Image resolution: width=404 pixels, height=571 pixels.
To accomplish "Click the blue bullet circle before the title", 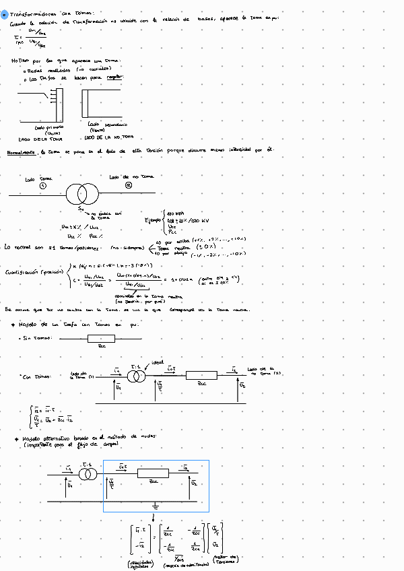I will (4, 13).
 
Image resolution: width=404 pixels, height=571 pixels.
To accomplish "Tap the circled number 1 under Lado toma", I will (44, 186).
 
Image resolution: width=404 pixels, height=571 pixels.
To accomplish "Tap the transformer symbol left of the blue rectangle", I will (88, 474).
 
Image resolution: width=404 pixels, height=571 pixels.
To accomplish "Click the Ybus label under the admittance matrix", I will (179, 556).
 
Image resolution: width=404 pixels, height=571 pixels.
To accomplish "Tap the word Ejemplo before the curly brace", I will (154, 220).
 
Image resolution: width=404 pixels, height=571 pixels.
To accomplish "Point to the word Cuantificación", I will (23, 273).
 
